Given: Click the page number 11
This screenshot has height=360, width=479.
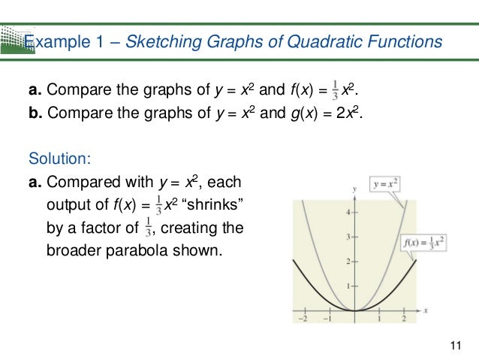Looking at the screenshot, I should pos(454,345).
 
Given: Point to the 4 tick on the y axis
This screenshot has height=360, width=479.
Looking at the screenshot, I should pos(347,213).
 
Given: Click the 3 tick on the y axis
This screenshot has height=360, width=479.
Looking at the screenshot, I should pos(347,237).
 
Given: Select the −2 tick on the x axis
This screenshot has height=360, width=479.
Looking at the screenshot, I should pos(302,319).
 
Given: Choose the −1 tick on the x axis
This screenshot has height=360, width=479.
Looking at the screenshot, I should pos(327,319).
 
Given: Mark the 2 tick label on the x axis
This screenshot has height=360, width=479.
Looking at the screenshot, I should pos(404,319).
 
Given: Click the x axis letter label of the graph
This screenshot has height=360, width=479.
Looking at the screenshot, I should pos(425,309).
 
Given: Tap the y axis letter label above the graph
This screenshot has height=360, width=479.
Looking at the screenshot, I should pos(354,187).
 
